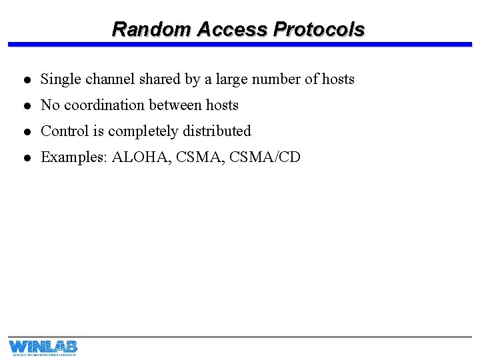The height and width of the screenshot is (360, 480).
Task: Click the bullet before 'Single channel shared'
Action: point(24,80)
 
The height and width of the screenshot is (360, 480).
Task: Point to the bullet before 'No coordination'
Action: point(24,106)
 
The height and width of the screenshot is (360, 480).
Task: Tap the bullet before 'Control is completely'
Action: point(24,132)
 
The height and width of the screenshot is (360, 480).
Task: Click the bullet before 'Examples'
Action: point(24,158)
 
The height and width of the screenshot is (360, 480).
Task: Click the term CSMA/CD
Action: point(265,157)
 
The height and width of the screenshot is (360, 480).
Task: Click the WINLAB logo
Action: point(43,347)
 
